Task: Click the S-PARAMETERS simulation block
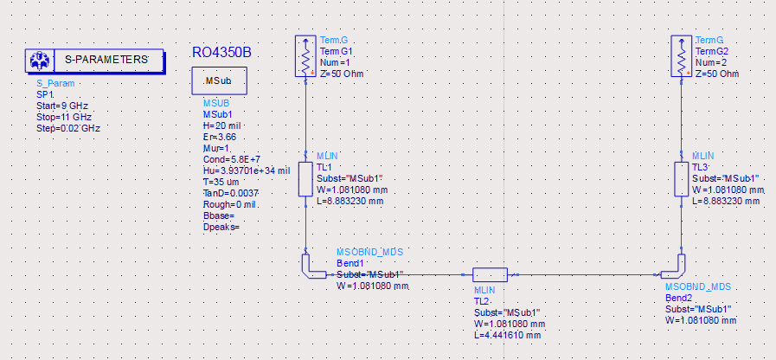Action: (x=94, y=61)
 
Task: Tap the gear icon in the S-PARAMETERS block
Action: (x=39, y=61)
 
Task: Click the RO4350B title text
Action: (x=221, y=53)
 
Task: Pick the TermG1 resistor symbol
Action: (x=305, y=57)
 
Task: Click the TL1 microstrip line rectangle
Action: (x=305, y=179)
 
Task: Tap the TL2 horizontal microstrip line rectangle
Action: (x=494, y=274)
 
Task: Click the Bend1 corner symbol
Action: (x=311, y=267)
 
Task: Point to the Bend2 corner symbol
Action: (x=676, y=267)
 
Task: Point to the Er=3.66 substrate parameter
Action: (x=220, y=137)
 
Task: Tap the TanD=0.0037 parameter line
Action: (x=230, y=193)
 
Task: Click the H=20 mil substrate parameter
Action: (x=221, y=125)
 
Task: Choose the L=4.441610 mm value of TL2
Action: (x=508, y=335)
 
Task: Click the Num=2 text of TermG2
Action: (x=713, y=62)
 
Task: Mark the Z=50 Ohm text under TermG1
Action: (x=342, y=74)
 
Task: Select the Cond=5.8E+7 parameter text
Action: (x=230, y=159)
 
